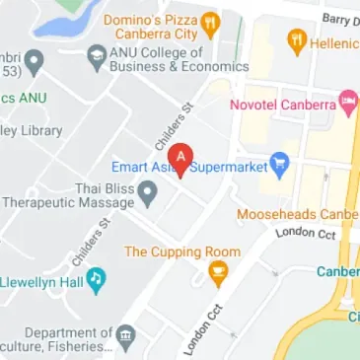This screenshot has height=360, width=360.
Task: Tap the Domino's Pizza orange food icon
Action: click(210, 23)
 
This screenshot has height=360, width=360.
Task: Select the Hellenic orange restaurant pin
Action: click(295, 42)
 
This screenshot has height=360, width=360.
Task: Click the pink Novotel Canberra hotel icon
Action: click(347, 102)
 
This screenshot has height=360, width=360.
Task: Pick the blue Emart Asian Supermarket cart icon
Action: click(280, 167)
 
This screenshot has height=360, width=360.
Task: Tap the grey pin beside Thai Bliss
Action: click(147, 194)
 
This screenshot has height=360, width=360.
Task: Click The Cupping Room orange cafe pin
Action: click(219, 271)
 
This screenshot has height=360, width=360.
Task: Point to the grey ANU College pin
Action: click(96, 58)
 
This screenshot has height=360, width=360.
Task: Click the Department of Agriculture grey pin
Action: click(126, 338)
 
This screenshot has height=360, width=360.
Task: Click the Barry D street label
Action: click(340, 18)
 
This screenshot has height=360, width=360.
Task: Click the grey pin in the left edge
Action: click(36, 63)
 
